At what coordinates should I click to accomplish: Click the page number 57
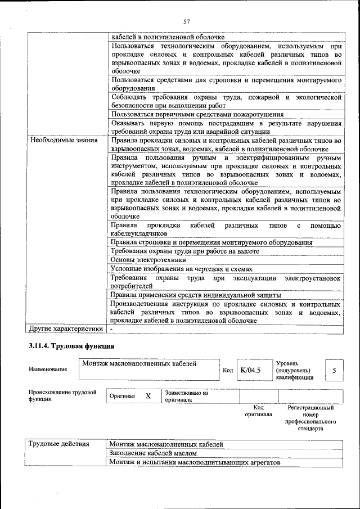pyautogui.click(x=187, y=22)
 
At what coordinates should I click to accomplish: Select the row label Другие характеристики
pyautogui.click(x=66, y=328)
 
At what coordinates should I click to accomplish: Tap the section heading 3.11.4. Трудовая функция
pyautogui.click(x=71, y=345)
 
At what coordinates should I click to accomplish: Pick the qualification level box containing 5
pyautogui.click(x=334, y=371)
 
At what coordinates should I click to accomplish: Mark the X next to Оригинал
pyautogui.click(x=148, y=396)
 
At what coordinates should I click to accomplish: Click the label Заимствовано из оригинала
pyautogui.click(x=187, y=397)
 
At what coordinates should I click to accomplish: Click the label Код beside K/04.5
pyautogui.click(x=228, y=370)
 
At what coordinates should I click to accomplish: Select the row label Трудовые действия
pyautogui.click(x=59, y=444)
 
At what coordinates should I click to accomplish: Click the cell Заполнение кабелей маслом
pyautogui.click(x=154, y=453)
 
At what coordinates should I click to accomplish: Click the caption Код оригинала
pyautogui.click(x=258, y=411)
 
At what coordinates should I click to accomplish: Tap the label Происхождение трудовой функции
pyautogui.click(x=62, y=395)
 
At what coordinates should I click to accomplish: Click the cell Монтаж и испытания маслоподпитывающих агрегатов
pyautogui.click(x=195, y=462)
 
